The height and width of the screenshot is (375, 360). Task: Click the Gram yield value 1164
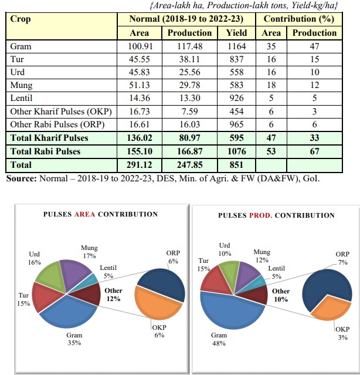point(236,46)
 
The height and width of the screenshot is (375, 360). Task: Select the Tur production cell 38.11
point(189,59)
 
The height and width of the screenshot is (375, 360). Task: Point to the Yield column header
point(236,33)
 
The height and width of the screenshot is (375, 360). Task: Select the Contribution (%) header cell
point(298,19)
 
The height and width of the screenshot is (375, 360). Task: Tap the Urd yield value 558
point(236,72)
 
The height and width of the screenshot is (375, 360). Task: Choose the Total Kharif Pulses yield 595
point(236,138)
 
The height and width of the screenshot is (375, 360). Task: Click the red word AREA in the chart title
point(85,215)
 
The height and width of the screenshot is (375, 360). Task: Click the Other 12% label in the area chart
point(113,295)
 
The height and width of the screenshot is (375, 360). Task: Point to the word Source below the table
point(21,178)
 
